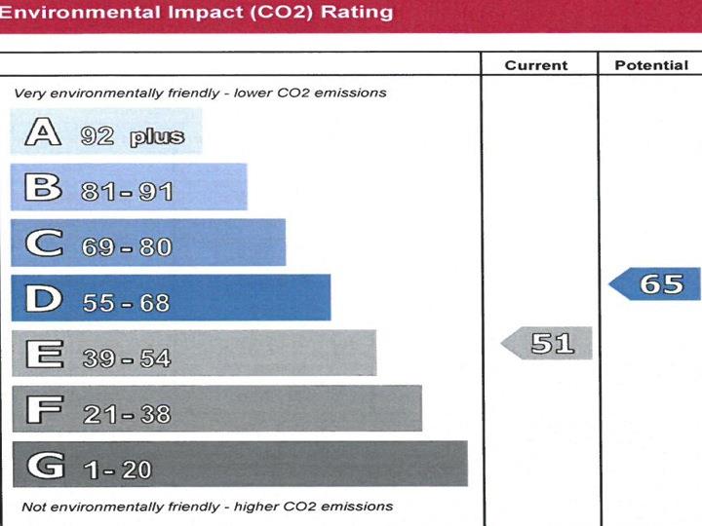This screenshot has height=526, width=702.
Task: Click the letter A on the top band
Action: (x=42, y=132)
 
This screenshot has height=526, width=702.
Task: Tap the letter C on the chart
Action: (x=43, y=244)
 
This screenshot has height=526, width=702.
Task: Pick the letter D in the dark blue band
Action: (x=43, y=299)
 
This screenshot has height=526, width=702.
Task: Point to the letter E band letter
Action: (x=43, y=355)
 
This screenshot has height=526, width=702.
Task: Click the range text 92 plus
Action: (x=133, y=136)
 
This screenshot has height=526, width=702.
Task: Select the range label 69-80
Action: (x=127, y=247)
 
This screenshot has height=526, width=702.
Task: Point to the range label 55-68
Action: (x=126, y=303)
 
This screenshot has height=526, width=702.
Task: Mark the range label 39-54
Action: (x=127, y=358)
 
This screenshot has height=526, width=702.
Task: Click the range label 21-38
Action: (x=127, y=414)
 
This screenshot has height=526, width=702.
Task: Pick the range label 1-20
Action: (x=118, y=470)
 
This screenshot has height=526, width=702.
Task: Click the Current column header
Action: (x=536, y=65)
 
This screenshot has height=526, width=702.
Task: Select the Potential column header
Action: (x=651, y=65)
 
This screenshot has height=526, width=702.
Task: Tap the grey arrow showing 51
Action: (x=548, y=343)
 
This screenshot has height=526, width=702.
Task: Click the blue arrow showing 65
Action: (x=657, y=284)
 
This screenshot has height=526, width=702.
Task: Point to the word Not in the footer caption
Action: (x=34, y=507)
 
